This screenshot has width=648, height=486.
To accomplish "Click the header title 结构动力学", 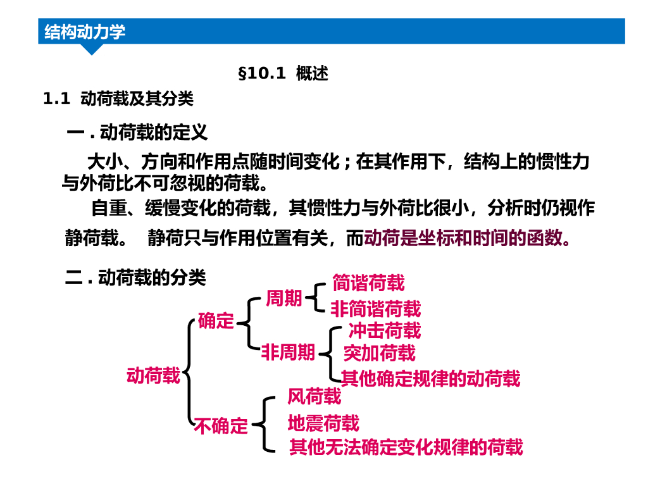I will pyautogui.click(x=85, y=32).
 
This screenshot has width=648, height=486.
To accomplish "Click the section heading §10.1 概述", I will pyautogui.click(x=283, y=74).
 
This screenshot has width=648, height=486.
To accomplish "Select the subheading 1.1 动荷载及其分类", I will pyautogui.click(x=118, y=99).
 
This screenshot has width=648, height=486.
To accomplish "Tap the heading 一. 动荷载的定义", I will pyautogui.click(x=137, y=133).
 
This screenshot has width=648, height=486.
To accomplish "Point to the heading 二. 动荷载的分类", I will pyautogui.click(x=135, y=278).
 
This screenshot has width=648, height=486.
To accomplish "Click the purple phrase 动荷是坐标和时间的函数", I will pyautogui.click(x=468, y=238).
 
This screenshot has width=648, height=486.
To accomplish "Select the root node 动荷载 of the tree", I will pyautogui.click(x=154, y=376).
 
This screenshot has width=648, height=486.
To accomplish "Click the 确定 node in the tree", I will pyautogui.click(x=216, y=321).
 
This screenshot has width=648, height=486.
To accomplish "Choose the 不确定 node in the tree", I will pyautogui.click(x=221, y=426).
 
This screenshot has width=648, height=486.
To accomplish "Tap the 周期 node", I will pyautogui.click(x=283, y=298).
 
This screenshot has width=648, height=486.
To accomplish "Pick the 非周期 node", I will pyautogui.click(x=288, y=352).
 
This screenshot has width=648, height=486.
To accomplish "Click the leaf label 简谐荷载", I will pyautogui.click(x=368, y=283).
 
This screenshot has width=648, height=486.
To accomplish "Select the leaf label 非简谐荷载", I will pyautogui.click(x=375, y=309).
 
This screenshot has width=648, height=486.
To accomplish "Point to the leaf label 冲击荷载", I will pyautogui.click(x=384, y=330).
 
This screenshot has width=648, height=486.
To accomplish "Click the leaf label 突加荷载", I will pyautogui.click(x=379, y=352).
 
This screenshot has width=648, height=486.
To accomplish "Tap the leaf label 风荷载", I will pyautogui.click(x=314, y=397).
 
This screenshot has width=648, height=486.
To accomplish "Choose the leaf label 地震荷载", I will pyautogui.click(x=323, y=422).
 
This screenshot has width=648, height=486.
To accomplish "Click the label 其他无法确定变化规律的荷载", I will pyautogui.click(x=406, y=447).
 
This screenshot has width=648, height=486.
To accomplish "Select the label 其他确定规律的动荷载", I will pyautogui.click(x=430, y=378).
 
